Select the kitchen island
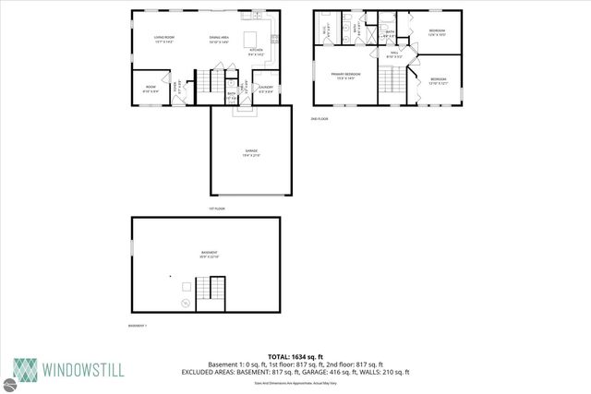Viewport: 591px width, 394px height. tap(249, 39)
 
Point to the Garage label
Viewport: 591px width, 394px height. tap(251, 152)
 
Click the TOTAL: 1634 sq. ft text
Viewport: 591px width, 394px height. tap(295, 357)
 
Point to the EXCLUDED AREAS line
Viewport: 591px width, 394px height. tap(295, 372)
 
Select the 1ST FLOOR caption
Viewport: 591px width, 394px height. tap(217, 209)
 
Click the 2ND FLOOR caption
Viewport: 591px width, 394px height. tap(320, 118)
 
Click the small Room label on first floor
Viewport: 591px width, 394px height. tap(150, 89)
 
